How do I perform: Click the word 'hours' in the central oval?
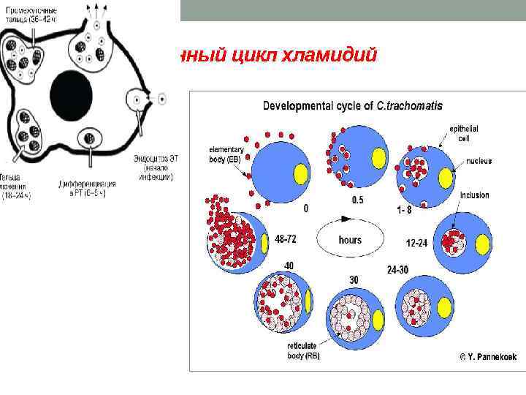point(349,239)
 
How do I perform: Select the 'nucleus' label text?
point(476,161)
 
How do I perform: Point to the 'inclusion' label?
point(474,195)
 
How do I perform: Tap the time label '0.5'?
point(357,200)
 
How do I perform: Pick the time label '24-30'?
point(397,269)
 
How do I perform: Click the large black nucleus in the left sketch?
point(70,91)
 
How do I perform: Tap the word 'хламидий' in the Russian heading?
point(340,56)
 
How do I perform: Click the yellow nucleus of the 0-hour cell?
point(300,174)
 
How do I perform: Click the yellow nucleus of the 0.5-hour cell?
point(378,157)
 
